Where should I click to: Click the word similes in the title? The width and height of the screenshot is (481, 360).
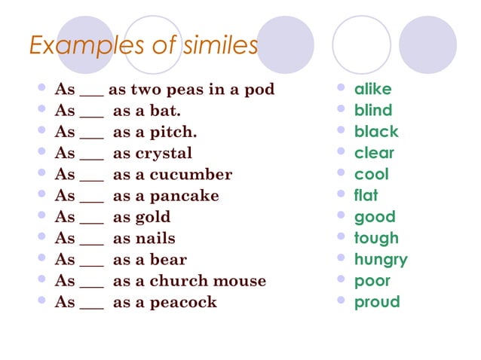click(x=218, y=46)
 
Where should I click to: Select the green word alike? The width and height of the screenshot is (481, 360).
click(x=373, y=89)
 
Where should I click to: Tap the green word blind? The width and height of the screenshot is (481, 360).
click(x=373, y=111)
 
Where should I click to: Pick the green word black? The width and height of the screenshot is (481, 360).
click(x=376, y=132)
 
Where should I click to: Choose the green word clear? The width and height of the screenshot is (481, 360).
click(x=374, y=153)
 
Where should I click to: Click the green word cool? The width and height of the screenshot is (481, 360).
click(x=372, y=174)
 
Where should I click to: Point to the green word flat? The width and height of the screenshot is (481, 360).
click(x=366, y=195)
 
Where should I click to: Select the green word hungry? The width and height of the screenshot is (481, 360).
click(x=381, y=260)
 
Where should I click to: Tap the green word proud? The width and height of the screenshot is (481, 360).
click(x=377, y=302)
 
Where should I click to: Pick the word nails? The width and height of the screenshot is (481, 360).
click(x=154, y=239)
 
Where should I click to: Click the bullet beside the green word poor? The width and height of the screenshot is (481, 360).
click(x=340, y=280)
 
